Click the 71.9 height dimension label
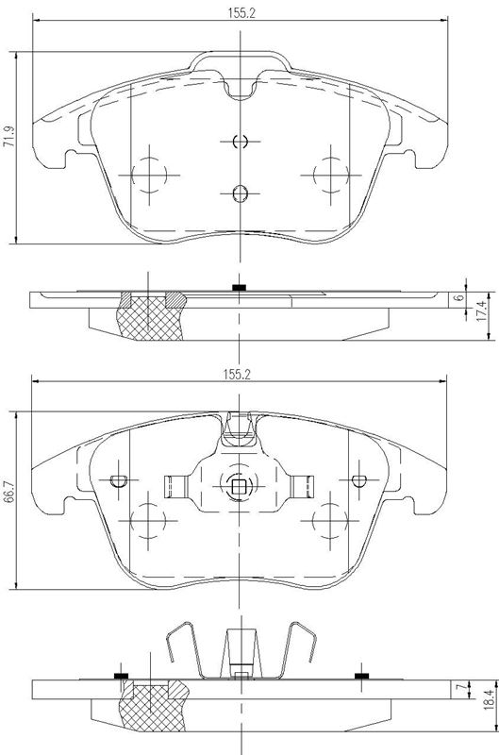[9, 136]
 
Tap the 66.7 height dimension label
[8, 492]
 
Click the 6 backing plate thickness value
[460, 297]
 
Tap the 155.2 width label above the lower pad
[237, 374]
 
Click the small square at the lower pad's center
[240, 487]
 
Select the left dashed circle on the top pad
[149, 175]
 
